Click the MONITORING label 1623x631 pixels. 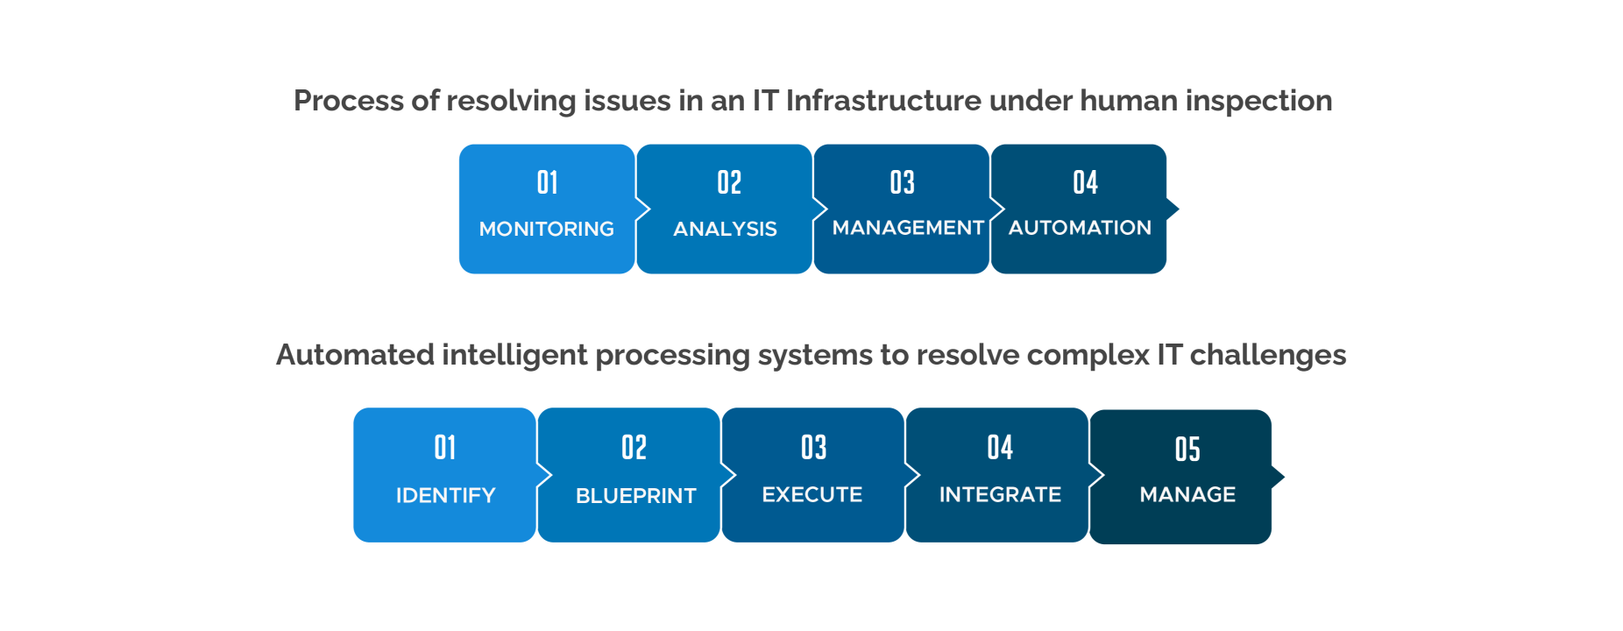546,229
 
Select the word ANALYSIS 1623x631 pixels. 725,229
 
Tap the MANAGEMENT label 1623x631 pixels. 908,228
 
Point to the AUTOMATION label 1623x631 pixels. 1080,228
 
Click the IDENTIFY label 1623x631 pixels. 445,495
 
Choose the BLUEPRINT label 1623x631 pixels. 635,496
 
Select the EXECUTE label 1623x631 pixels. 812,494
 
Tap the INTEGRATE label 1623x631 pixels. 1000,494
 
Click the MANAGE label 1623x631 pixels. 1187,494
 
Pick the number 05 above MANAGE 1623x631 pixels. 1187,450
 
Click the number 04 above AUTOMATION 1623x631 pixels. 1085,182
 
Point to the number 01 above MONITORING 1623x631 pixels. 547,182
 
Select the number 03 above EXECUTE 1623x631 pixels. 813,448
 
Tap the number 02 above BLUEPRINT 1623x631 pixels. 634,448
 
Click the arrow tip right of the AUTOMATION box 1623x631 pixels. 1179,209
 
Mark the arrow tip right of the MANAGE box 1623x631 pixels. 1284,477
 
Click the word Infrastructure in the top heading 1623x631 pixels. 883,101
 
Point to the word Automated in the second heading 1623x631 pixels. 355,355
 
